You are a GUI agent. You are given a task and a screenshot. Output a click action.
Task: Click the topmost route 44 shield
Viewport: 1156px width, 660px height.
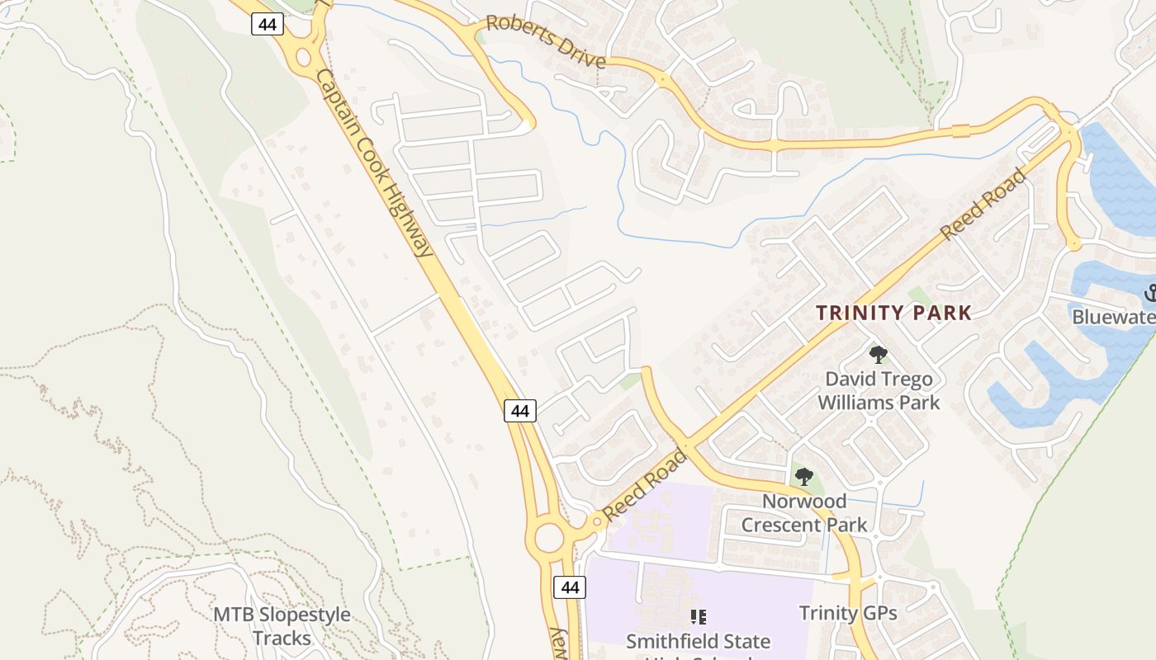267,25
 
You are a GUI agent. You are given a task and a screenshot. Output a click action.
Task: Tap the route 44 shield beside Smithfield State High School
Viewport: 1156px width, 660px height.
569,587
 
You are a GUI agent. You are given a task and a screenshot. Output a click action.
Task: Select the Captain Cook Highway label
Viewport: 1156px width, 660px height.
374,162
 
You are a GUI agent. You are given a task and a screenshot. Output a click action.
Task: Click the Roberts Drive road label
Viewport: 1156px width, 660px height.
546,42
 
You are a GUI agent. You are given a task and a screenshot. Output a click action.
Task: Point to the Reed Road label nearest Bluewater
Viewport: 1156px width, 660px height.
983,204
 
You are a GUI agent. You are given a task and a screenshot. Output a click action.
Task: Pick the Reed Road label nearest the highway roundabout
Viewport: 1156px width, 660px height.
645,485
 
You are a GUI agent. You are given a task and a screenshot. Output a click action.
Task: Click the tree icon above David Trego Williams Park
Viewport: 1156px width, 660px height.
879,355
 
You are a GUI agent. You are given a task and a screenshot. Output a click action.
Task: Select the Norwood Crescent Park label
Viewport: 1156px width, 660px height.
804,513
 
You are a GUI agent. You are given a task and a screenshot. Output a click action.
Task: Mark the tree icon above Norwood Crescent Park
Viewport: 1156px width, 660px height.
803,476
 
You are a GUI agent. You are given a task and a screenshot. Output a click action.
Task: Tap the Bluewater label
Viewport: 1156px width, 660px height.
1113,317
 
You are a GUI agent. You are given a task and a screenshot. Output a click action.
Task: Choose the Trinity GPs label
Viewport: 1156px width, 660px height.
848,613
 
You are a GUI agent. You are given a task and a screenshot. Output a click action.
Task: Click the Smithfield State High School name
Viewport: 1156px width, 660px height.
698,642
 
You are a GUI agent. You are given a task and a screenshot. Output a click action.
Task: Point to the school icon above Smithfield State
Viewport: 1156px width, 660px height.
698,616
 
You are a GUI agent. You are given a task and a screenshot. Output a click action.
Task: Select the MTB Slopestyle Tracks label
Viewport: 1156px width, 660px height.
282,626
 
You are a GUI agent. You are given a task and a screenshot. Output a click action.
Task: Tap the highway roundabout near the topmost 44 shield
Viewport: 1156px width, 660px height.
304,58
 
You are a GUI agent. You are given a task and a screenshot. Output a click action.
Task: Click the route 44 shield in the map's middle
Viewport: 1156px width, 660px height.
520,410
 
